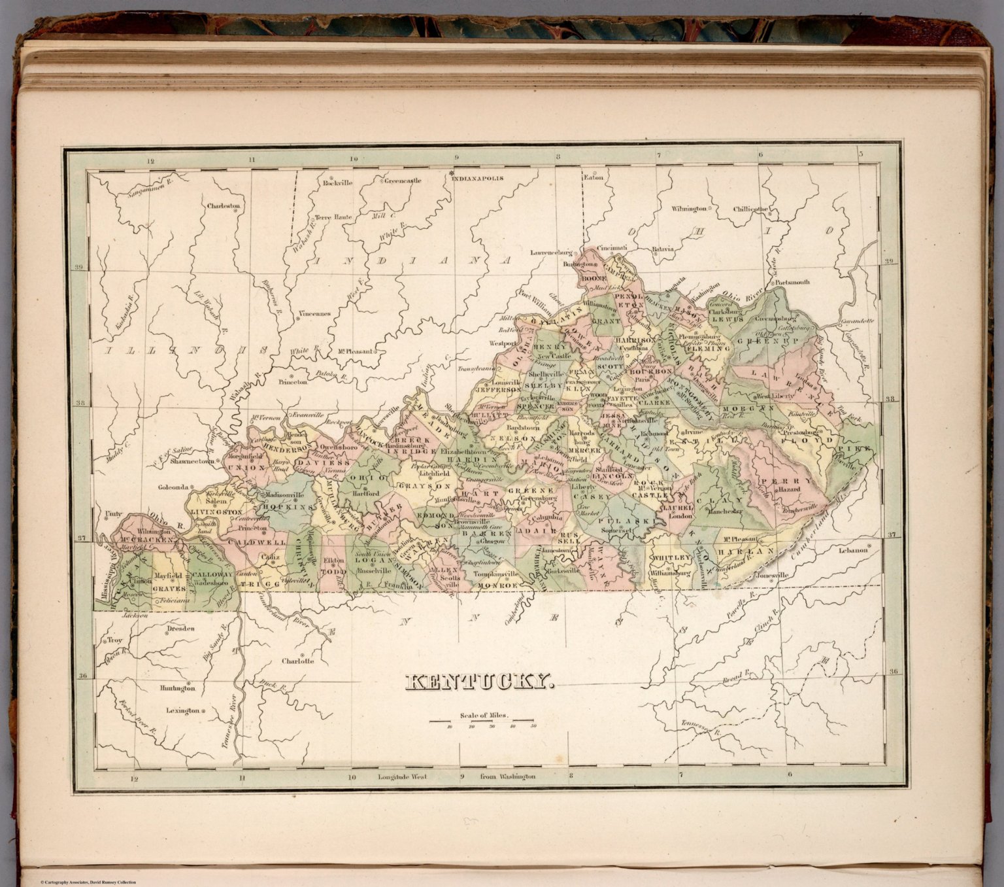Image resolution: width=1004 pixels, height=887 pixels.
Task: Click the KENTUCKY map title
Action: pos(480,683)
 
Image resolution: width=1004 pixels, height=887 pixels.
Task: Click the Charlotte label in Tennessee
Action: pos(297,661)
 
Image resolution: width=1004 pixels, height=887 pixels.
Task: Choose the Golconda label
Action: pos(173,487)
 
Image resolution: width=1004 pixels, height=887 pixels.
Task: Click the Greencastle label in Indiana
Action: pos(402,181)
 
